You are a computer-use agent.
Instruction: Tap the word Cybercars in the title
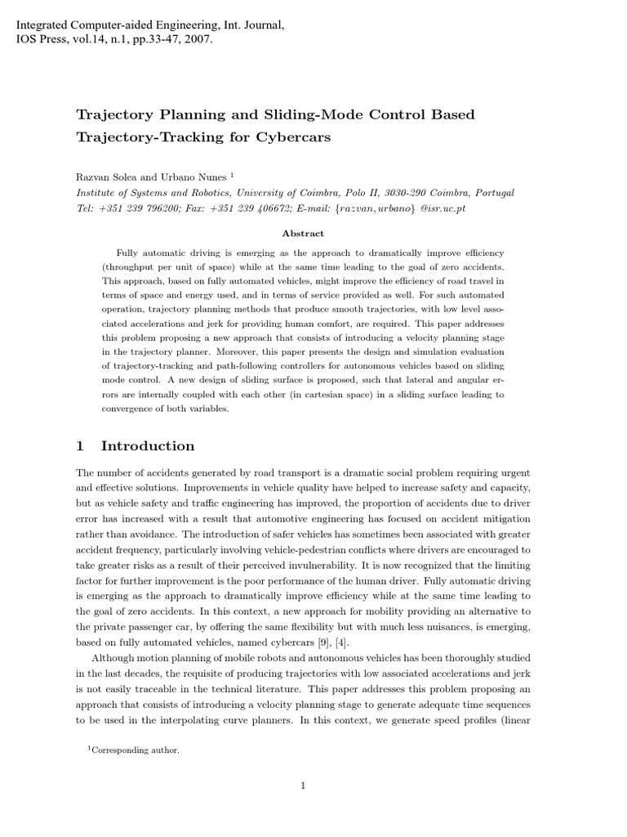(295, 137)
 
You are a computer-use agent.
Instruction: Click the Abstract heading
(303, 233)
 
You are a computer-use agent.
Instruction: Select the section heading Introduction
(147, 446)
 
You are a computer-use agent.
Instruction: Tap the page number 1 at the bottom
(303, 786)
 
